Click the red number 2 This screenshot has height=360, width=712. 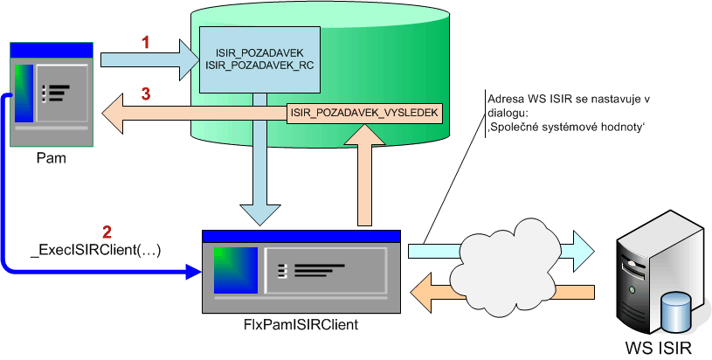point(107,232)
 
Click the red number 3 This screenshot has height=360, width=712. point(147,93)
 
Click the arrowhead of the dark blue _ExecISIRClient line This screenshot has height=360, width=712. point(194,273)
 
